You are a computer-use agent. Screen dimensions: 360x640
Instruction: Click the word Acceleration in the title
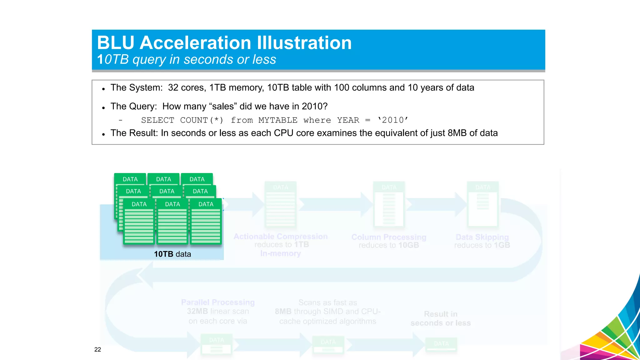tap(195, 43)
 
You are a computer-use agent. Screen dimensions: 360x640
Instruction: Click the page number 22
tap(97, 349)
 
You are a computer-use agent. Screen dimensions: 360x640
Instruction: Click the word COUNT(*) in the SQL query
tap(202, 120)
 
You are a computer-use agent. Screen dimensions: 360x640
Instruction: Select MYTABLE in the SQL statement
tap(278, 120)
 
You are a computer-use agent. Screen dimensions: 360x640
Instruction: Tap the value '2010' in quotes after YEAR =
tap(393, 120)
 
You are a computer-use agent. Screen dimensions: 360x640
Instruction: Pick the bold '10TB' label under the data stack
tap(163, 254)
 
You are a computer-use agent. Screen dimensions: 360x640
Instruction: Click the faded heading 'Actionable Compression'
tap(281, 237)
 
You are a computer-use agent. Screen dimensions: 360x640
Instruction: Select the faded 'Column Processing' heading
tap(389, 237)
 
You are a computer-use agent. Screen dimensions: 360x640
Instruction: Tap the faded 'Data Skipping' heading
tap(482, 237)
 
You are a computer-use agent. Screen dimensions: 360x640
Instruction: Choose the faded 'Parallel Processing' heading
tap(218, 302)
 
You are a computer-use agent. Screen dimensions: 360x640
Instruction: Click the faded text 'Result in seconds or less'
tap(441, 318)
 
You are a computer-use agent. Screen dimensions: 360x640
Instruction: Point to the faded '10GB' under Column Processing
tap(408, 245)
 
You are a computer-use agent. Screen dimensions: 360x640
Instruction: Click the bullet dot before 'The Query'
tap(103, 108)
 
